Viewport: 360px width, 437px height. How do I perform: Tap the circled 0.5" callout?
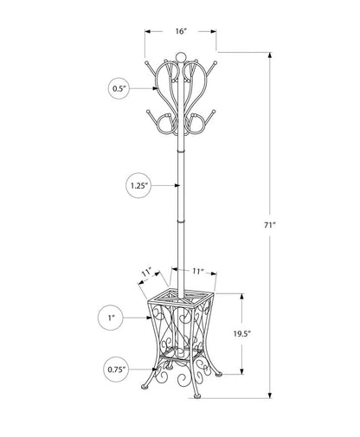(119, 87)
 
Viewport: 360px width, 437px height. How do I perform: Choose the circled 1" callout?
(112, 318)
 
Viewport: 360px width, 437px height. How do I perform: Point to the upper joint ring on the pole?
(180, 145)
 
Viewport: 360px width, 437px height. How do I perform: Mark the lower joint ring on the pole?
(180, 221)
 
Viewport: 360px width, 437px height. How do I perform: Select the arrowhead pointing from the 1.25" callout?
(171, 185)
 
